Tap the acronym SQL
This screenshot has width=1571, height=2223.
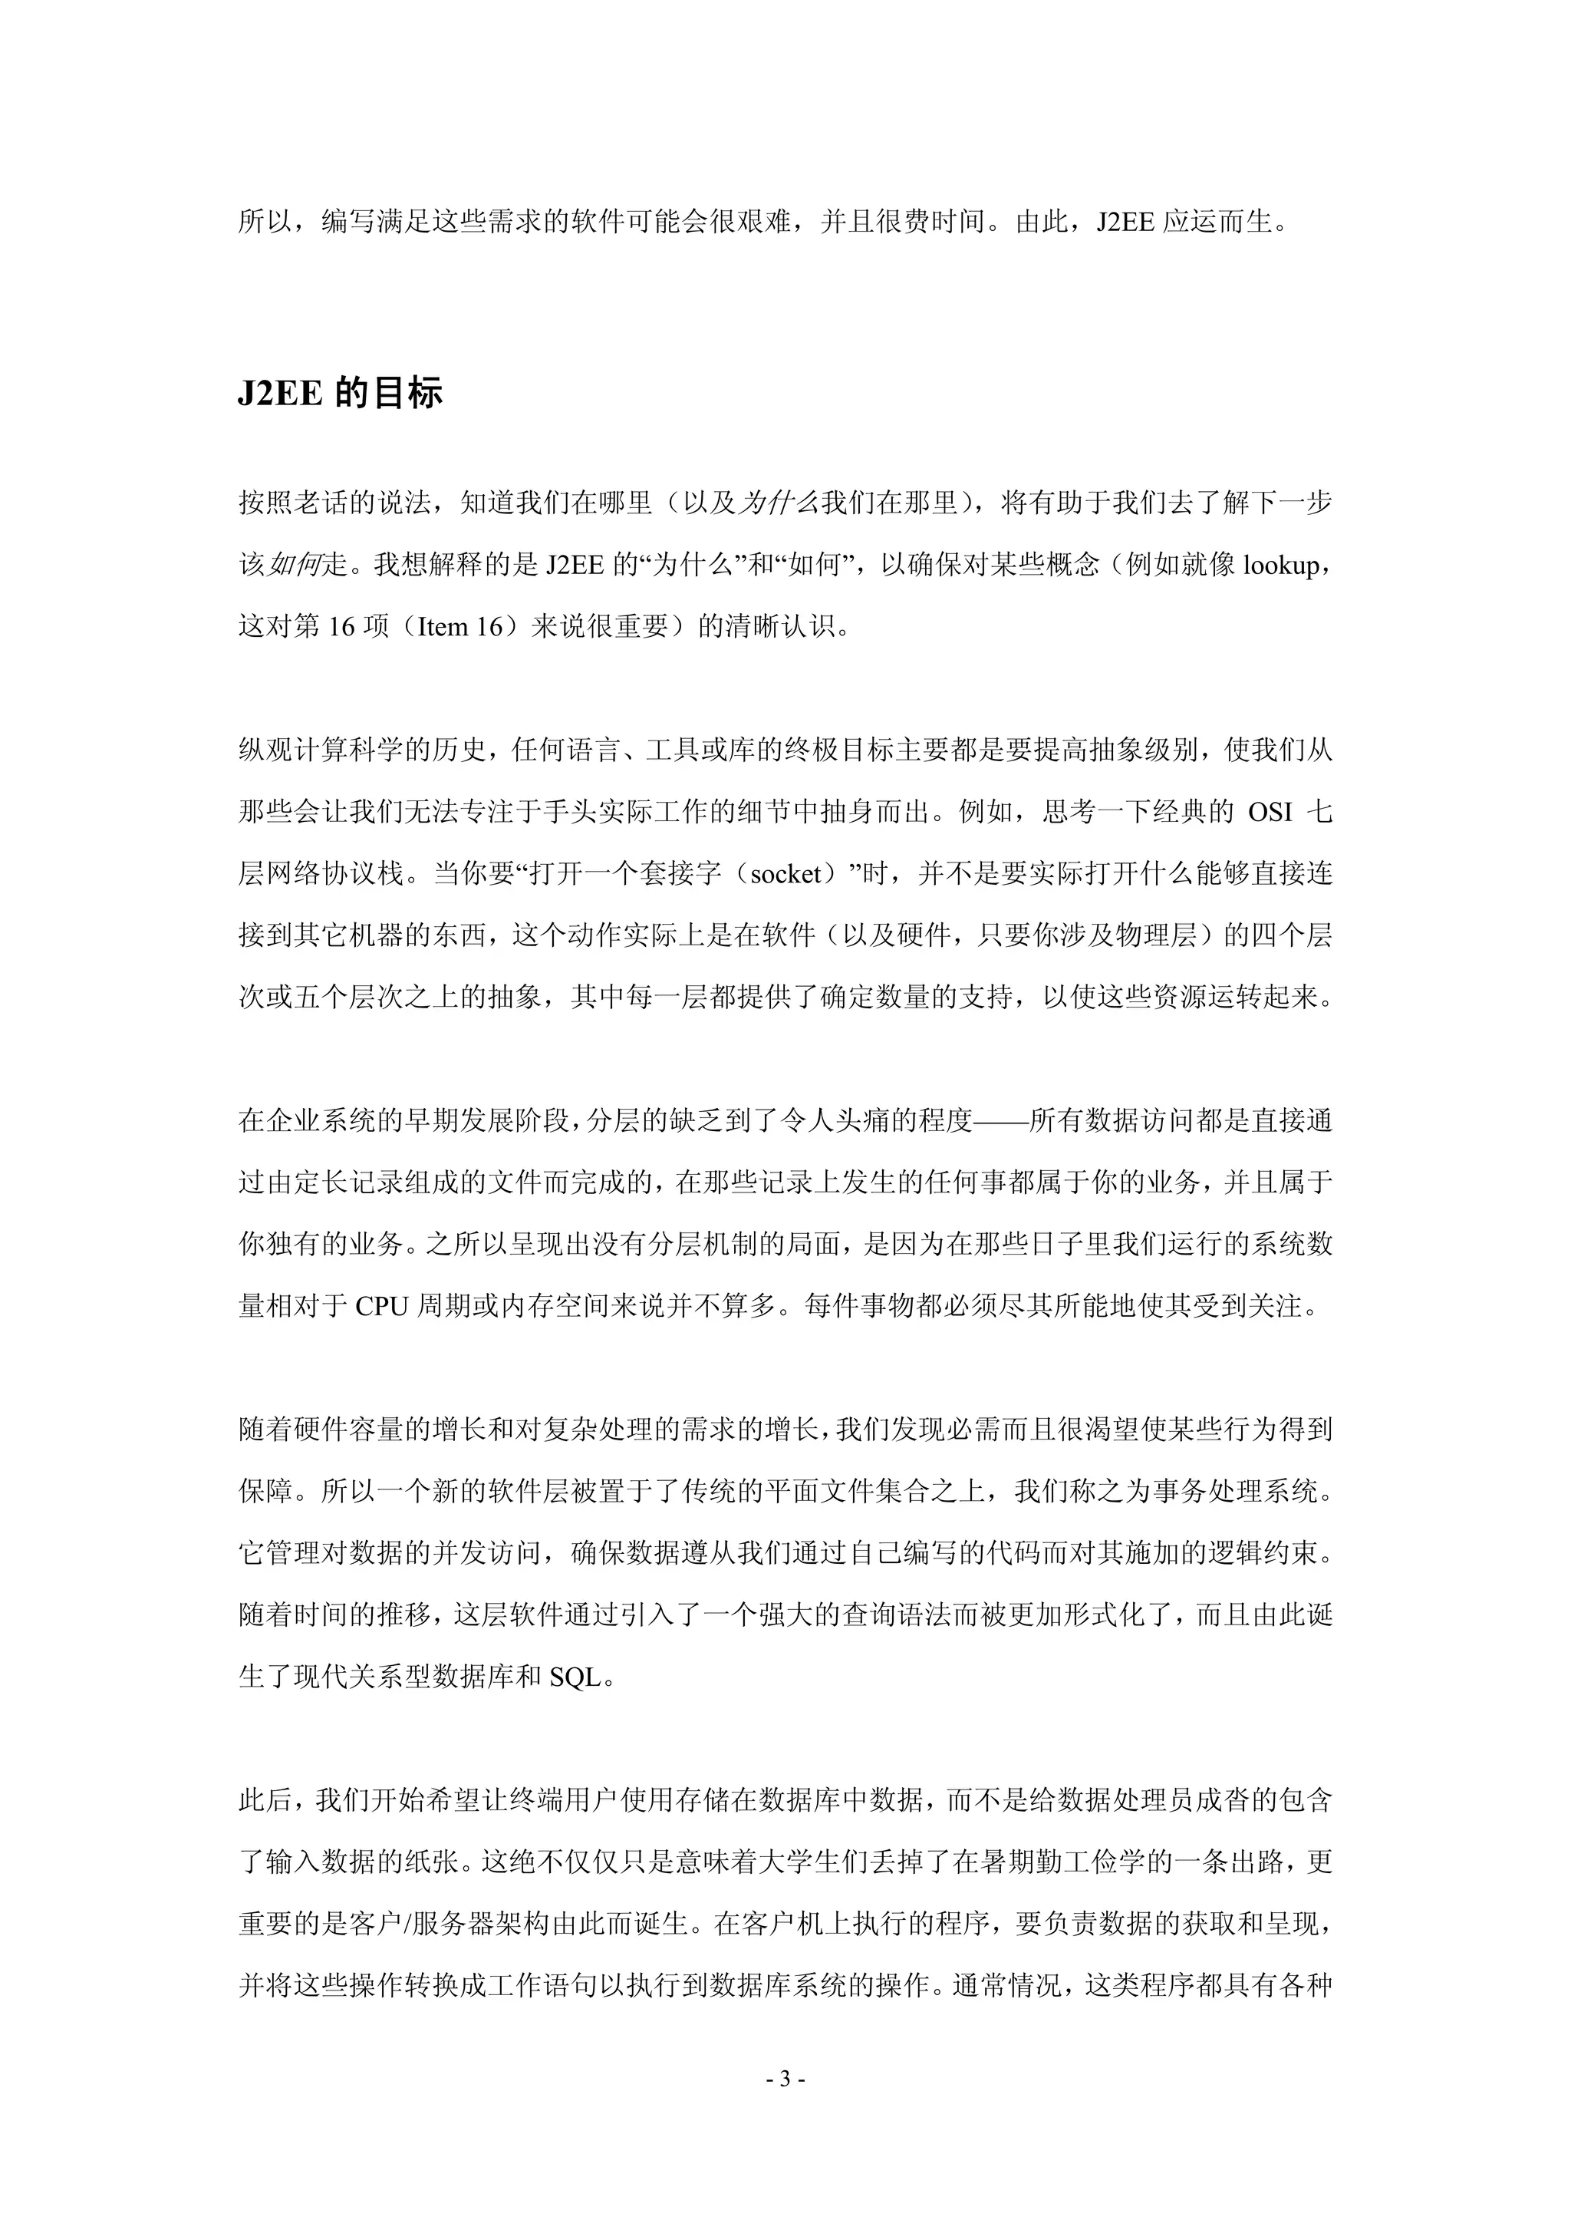click(x=575, y=1678)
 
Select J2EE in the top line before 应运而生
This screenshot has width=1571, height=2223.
click(x=1126, y=223)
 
